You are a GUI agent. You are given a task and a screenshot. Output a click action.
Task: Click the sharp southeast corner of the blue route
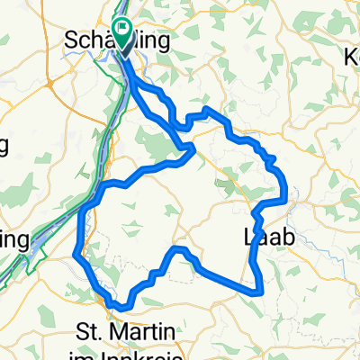pos(262,292)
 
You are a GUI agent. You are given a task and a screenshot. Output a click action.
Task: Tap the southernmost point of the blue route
pos(120,308)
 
